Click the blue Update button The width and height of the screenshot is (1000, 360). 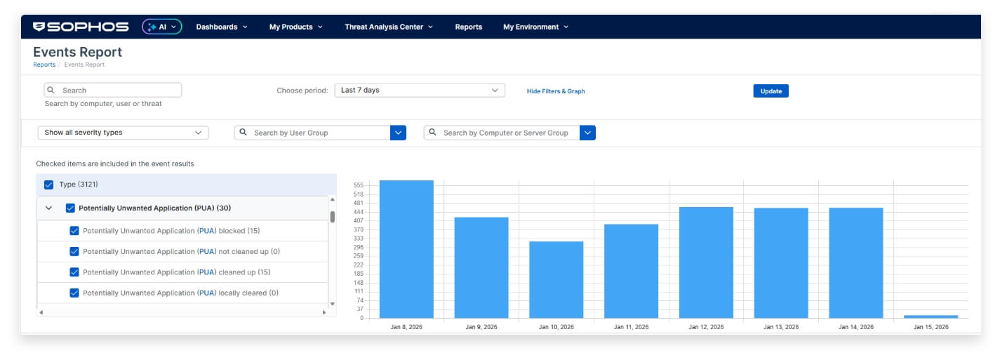point(771,91)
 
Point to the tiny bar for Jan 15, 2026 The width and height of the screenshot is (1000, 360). point(931,316)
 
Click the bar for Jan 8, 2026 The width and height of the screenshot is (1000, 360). point(406,249)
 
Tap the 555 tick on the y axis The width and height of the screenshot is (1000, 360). point(359,185)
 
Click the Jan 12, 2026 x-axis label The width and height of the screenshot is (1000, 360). point(706,327)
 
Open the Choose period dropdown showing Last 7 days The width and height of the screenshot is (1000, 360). point(420,91)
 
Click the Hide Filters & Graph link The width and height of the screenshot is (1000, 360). point(556,91)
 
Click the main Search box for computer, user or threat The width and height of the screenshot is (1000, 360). point(113,91)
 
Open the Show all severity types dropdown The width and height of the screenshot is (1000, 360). point(123,133)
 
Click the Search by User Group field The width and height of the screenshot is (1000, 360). point(312,133)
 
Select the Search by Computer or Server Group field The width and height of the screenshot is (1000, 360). point(502,133)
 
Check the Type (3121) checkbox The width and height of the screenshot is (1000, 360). point(48,185)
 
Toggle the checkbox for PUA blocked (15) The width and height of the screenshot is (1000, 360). point(74,231)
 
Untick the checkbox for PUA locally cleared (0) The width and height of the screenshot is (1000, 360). point(74,293)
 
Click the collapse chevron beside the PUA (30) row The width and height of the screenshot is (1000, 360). point(49,208)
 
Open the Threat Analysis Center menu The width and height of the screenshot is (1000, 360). point(389,27)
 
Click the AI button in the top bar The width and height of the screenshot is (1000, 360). point(162,27)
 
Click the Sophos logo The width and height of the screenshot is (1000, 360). point(81,27)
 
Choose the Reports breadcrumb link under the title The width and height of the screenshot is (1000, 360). point(44,65)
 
